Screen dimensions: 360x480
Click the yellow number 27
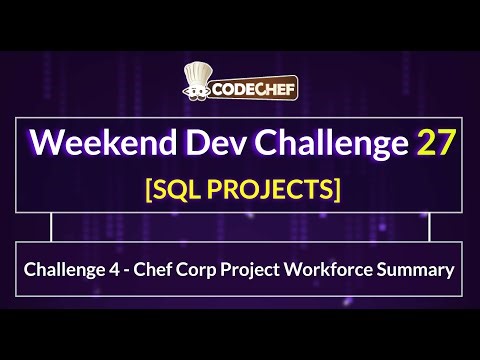(436, 141)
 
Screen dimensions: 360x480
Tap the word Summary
(422, 269)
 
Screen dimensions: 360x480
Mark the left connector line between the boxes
(50, 228)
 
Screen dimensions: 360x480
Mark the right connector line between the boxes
(430, 228)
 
